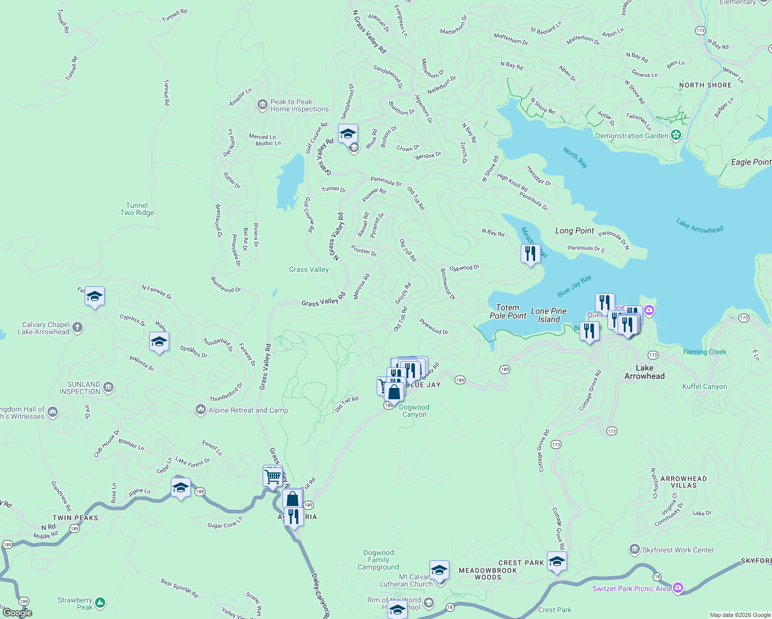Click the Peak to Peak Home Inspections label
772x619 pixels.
point(299,106)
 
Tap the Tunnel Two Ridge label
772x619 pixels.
point(137,209)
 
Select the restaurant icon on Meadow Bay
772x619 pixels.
point(530,254)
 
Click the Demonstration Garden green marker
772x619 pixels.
point(676,136)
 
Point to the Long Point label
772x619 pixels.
point(574,231)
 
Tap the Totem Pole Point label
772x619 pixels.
point(508,312)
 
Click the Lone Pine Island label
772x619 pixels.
point(549,315)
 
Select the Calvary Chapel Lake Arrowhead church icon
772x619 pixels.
point(77,327)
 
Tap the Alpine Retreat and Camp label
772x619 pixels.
point(248,410)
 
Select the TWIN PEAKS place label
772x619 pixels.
point(75,518)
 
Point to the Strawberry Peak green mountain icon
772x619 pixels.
point(100,602)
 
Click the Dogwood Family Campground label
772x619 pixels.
point(378,560)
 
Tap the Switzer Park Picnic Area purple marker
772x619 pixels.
point(678,588)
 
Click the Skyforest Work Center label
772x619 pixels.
point(678,550)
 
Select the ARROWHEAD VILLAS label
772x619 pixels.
point(683,482)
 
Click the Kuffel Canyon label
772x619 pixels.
point(704,386)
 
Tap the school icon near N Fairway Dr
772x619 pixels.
point(94,297)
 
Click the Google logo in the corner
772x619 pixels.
point(17,613)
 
